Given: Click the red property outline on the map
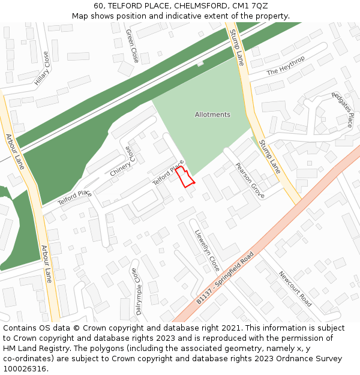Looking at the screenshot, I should coord(185,178).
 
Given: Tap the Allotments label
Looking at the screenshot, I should coord(212,115).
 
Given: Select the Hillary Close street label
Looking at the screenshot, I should coord(42,68).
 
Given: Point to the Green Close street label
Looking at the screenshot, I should coord(132,46).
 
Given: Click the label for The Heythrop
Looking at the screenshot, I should coord(286,65).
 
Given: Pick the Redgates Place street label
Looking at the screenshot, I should coord(342,110).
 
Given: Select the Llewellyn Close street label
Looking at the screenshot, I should coord(207,251).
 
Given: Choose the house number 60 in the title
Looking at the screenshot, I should coord(99,6).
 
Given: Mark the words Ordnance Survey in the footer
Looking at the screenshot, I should coord(313,358).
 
